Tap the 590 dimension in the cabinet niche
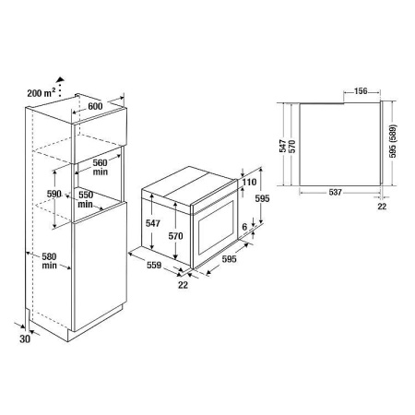point(53,195)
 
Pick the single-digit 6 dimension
point(243,226)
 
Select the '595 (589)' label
point(395,144)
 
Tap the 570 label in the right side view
point(292,146)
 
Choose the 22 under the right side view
point(382,207)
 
